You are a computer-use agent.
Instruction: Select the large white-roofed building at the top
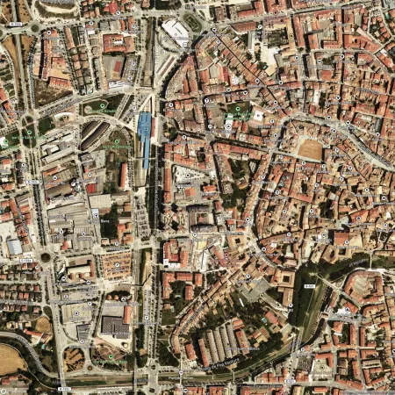click(x=176, y=32)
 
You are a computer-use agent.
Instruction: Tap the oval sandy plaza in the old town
click(x=310, y=149)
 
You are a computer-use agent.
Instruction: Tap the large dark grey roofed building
click(x=114, y=327)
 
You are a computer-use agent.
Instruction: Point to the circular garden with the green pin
click(x=104, y=107)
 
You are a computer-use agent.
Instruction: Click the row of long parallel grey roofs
click(x=221, y=342)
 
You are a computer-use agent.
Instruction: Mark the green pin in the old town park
click(x=235, y=109)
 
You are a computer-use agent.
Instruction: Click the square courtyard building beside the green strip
click(x=284, y=283)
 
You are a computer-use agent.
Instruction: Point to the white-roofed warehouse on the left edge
click(x=13, y=247)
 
